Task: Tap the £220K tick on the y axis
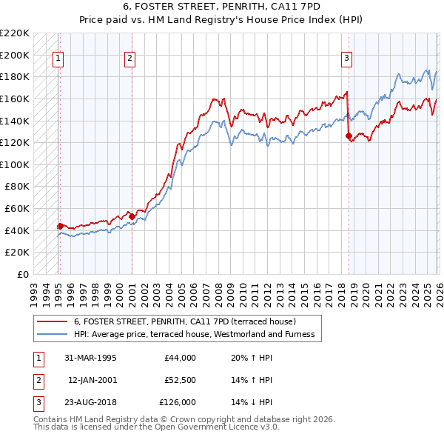[15, 33]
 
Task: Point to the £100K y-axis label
[15, 164]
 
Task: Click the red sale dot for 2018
[349, 136]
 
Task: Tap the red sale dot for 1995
[61, 226]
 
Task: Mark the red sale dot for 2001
[132, 216]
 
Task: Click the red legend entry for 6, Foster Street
[185, 322]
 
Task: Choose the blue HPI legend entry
[194, 334]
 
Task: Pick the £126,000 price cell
[178, 402]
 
